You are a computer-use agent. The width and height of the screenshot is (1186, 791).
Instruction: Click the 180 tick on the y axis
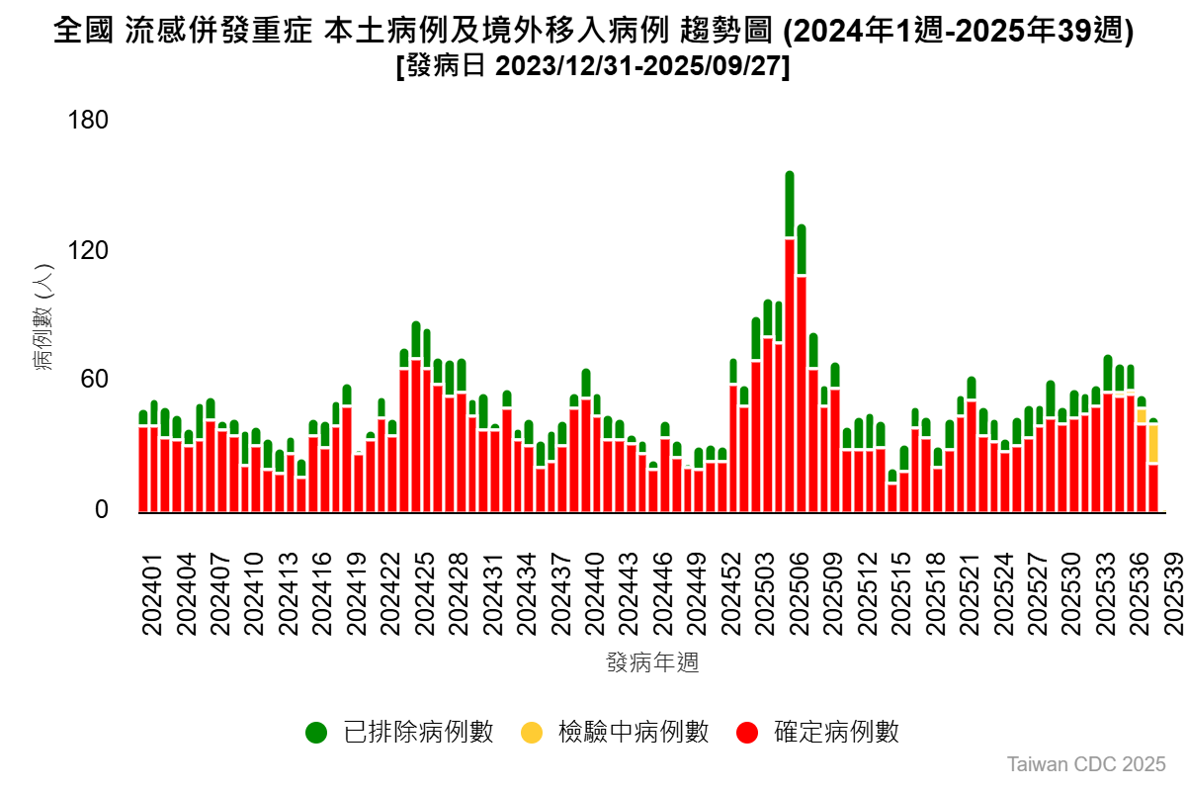[87, 121]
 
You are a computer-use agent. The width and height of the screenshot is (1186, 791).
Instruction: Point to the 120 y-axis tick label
[87, 251]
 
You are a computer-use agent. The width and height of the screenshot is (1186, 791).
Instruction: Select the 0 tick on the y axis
[100, 510]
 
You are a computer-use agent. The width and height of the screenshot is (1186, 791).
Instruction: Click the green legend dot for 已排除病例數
[316, 733]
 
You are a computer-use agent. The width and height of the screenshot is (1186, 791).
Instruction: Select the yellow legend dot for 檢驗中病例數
[532, 733]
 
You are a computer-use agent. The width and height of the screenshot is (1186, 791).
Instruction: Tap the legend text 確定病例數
[836, 733]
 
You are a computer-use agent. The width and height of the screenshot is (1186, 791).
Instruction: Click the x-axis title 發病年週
[652, 661]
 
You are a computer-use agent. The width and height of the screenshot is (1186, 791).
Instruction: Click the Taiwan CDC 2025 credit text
[1086, 764]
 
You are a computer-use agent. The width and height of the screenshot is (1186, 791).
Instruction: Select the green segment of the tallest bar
[790, 205]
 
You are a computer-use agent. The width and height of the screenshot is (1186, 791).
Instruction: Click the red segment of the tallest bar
[790, 376]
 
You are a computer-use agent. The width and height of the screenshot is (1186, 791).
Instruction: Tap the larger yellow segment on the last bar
[1152, 443]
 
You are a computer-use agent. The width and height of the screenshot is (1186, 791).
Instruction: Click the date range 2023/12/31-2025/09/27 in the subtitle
[636, 67]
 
